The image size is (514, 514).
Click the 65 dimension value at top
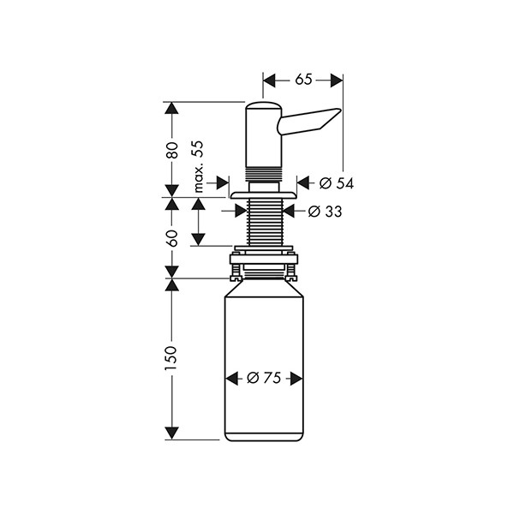point(302,80)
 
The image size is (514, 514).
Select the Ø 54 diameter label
point(337,182)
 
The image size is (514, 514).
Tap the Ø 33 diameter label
point(325,211)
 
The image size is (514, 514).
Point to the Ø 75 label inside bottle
point(264,378)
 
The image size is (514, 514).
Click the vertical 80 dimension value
point(172,150)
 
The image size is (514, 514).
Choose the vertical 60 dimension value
point(172,237)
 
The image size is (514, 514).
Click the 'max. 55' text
point(198,166)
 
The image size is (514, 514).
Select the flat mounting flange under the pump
point(263,195)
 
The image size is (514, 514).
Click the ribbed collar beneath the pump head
point(263,176)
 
